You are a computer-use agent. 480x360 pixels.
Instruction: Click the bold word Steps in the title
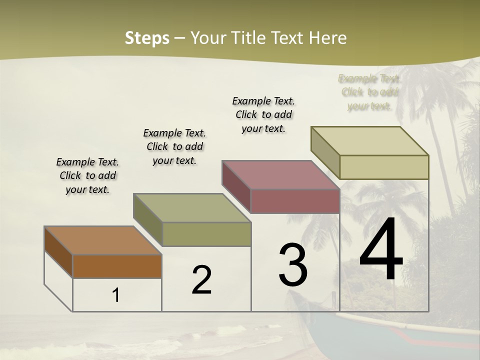pyautogui.click(x=147, y=38)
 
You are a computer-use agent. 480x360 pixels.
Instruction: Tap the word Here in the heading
pyautogui.click(x=328, y=38)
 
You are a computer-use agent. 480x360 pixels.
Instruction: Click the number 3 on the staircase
pyautogui.click(x=293, y=264)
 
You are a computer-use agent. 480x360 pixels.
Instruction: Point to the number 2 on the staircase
pyautogui.click(x=201, y=280)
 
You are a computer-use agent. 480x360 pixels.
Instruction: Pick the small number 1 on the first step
pyautogui.click(x=116, y=295)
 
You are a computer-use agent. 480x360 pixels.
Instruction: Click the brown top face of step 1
pyautogui.click(x=102, y=240)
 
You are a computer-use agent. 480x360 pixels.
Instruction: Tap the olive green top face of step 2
pyautogui.click(x=192, y=207)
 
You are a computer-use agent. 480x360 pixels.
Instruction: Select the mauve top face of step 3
pyautogui.click(x=280, y=174)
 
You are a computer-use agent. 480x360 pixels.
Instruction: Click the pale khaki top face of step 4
pyautogui.click(x=370, y=141)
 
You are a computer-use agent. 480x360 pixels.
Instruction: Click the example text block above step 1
pyautogui.click(x=87, y=175)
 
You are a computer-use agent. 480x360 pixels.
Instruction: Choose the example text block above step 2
pyautogui.click(x=174, y=146)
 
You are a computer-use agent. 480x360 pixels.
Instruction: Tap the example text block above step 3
pyautogui.click(x=264, y=114)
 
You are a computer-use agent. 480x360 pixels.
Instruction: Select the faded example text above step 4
pyautogui.click(x=369, y=92)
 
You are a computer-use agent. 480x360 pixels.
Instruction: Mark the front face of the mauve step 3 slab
pyautogui.click(x=295, y=201)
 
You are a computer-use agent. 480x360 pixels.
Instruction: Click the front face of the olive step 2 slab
pyautogui.click(x=206, y=234)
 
